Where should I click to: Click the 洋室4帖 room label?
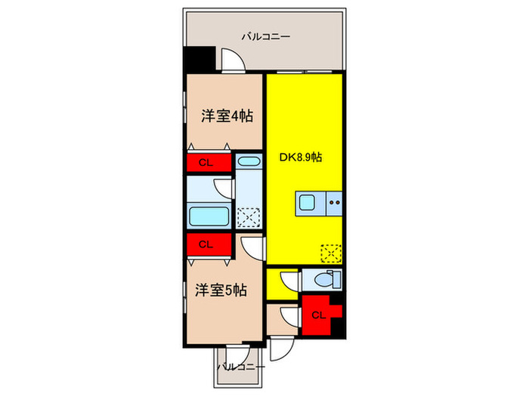coord(226,116)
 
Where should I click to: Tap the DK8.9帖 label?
coord(302,158)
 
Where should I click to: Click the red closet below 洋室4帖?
coord(205,163)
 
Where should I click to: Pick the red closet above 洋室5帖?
coord(205,244)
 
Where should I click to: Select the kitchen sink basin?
coord(310,202)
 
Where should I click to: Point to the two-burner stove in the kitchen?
coord(334,202)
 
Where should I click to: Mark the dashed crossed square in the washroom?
coord(248,217)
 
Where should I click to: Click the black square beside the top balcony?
coord(200,60)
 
